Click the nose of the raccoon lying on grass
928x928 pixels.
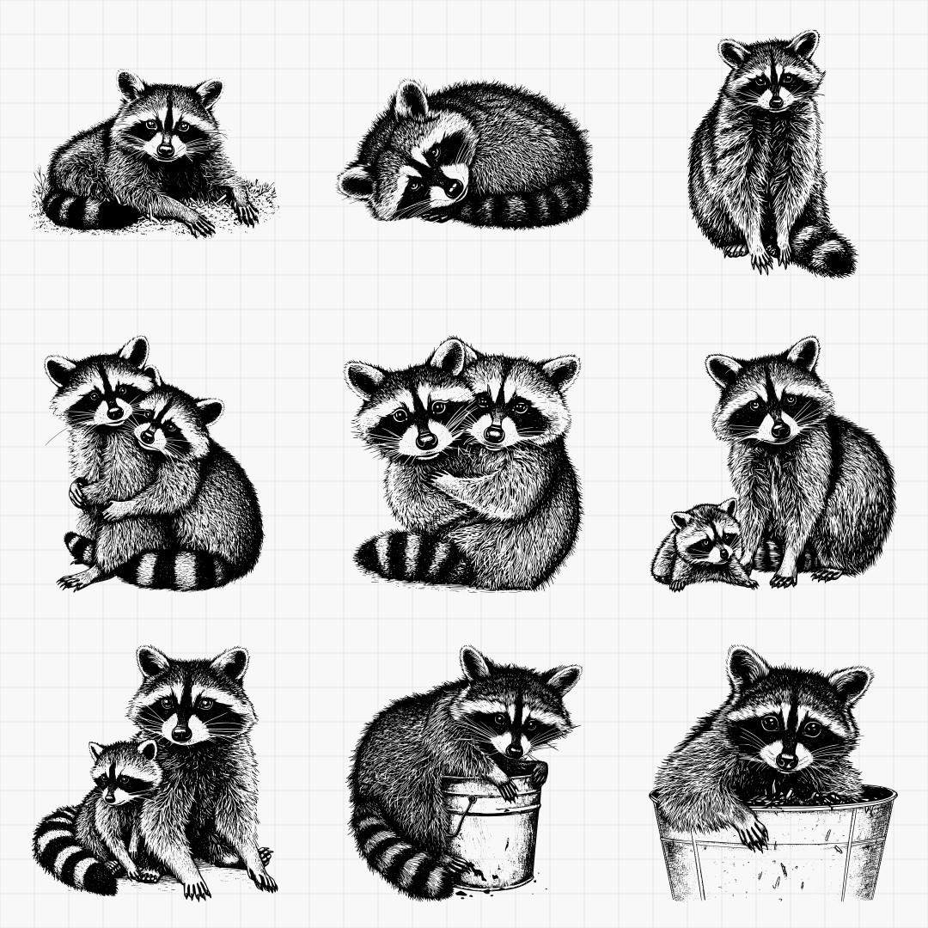coord(165,150)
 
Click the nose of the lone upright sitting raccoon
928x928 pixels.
coord(776,102)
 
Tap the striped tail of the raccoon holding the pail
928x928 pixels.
coord(395,851)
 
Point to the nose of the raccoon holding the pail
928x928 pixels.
coord(514,748)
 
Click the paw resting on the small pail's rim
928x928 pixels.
coord(507,786)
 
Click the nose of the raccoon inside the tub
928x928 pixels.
coord(786,760)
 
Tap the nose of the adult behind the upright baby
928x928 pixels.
coord(181,733)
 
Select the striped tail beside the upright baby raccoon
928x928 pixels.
coord(64,851)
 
